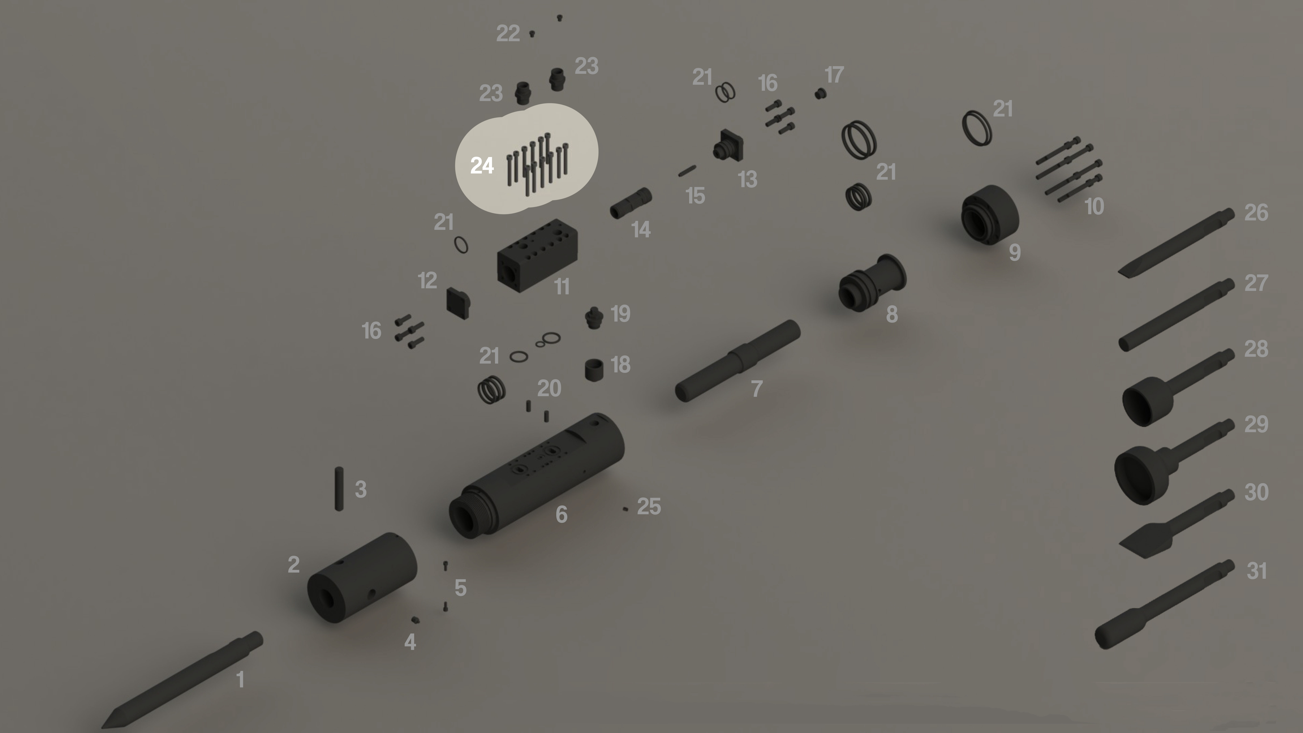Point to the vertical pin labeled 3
click(339, 489)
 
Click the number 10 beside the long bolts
click(1094, 206)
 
